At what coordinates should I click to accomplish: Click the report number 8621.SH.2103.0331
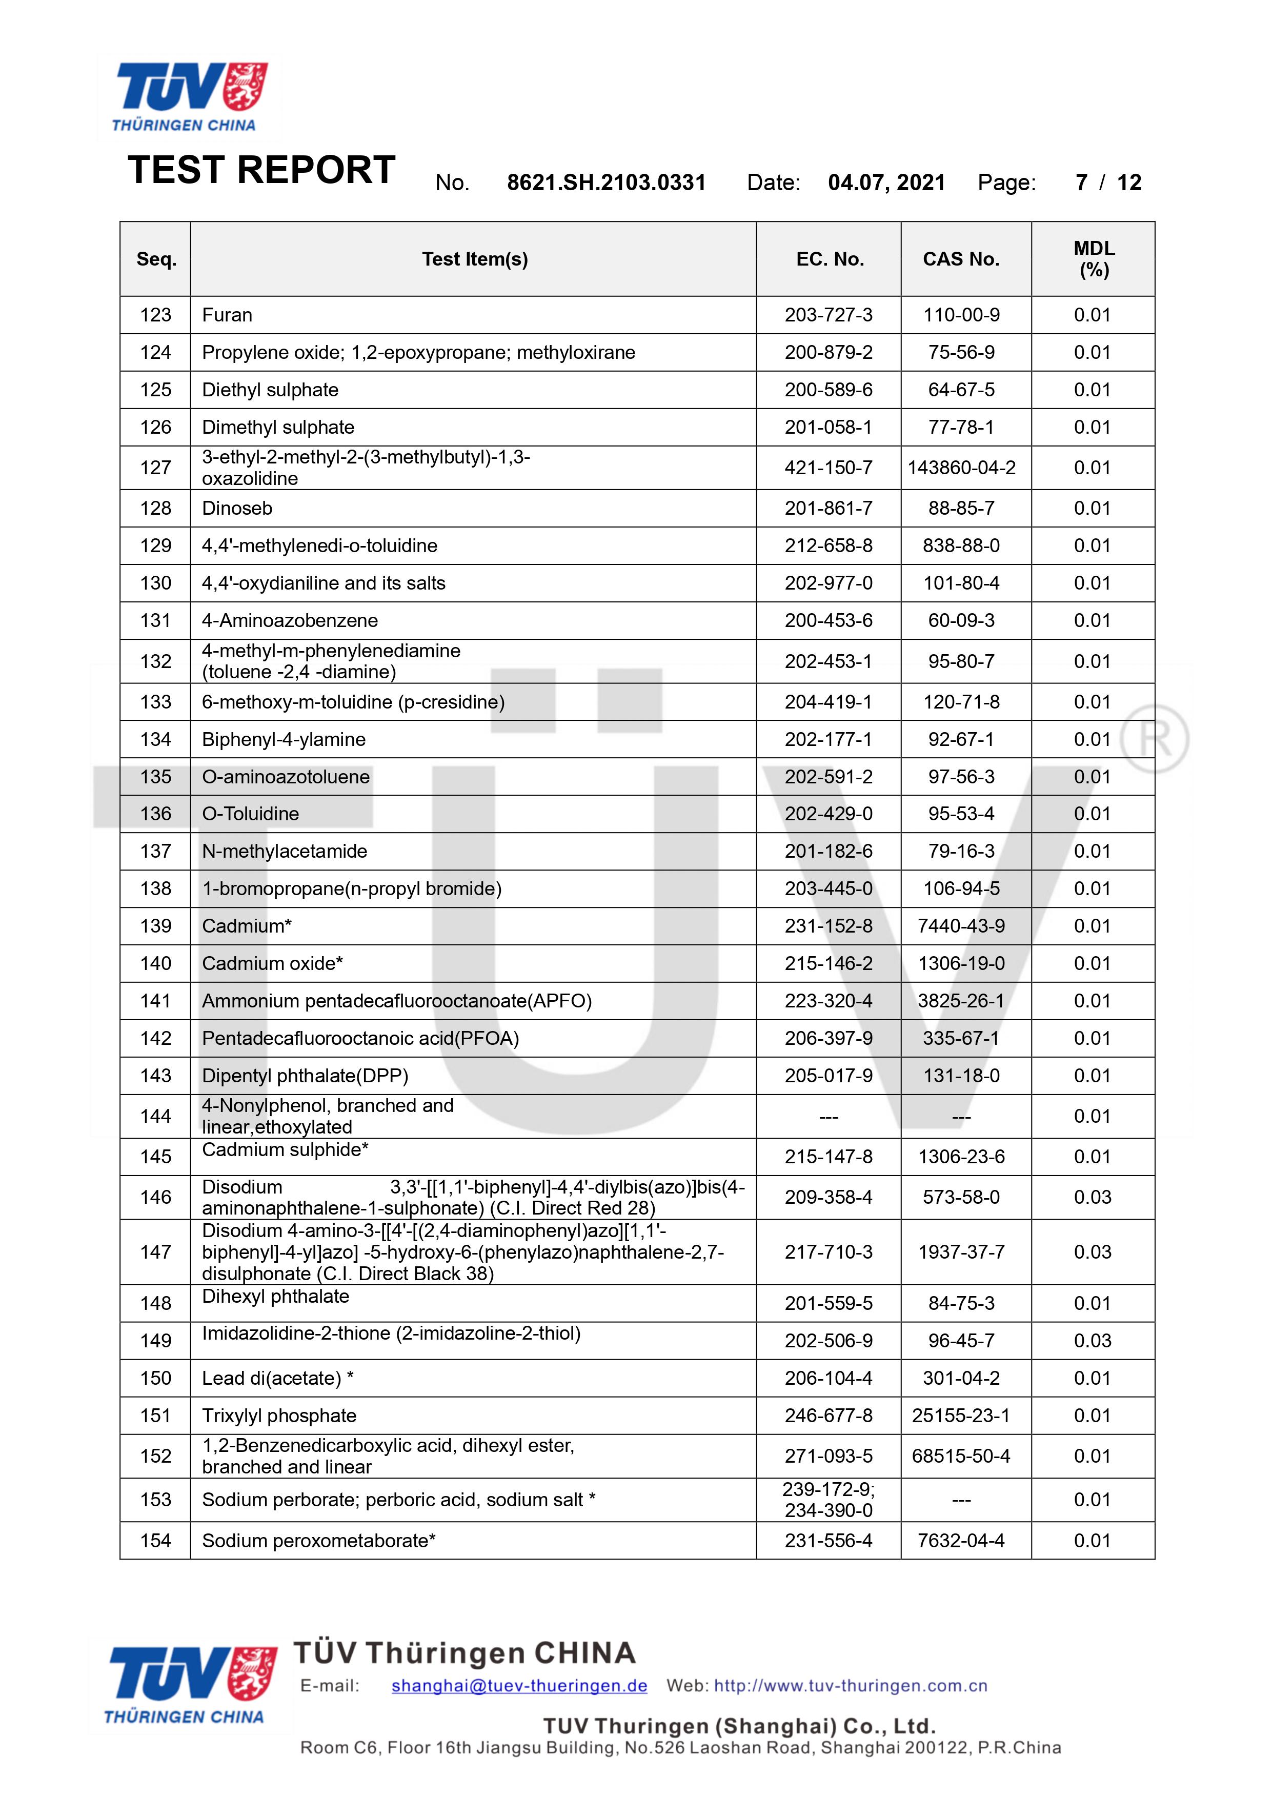coord(606,183)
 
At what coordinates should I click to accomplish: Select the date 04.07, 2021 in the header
coord(886,183)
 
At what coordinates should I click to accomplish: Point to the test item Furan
coord(227,315)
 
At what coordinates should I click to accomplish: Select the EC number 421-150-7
coord(829,468)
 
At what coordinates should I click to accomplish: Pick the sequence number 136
coord(155,814)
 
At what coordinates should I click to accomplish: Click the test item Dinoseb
coord(237,509)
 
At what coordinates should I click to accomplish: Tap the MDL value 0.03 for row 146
coord(1093,1197)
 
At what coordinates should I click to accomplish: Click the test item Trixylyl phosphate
coord(279,1416)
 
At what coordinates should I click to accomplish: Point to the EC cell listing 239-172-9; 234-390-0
coord(829,1500)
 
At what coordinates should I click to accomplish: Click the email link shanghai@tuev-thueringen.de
coord(519,1686)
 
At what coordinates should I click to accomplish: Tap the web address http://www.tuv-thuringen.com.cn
coord(851,1686)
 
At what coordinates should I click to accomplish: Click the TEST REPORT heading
coord(261,170)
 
